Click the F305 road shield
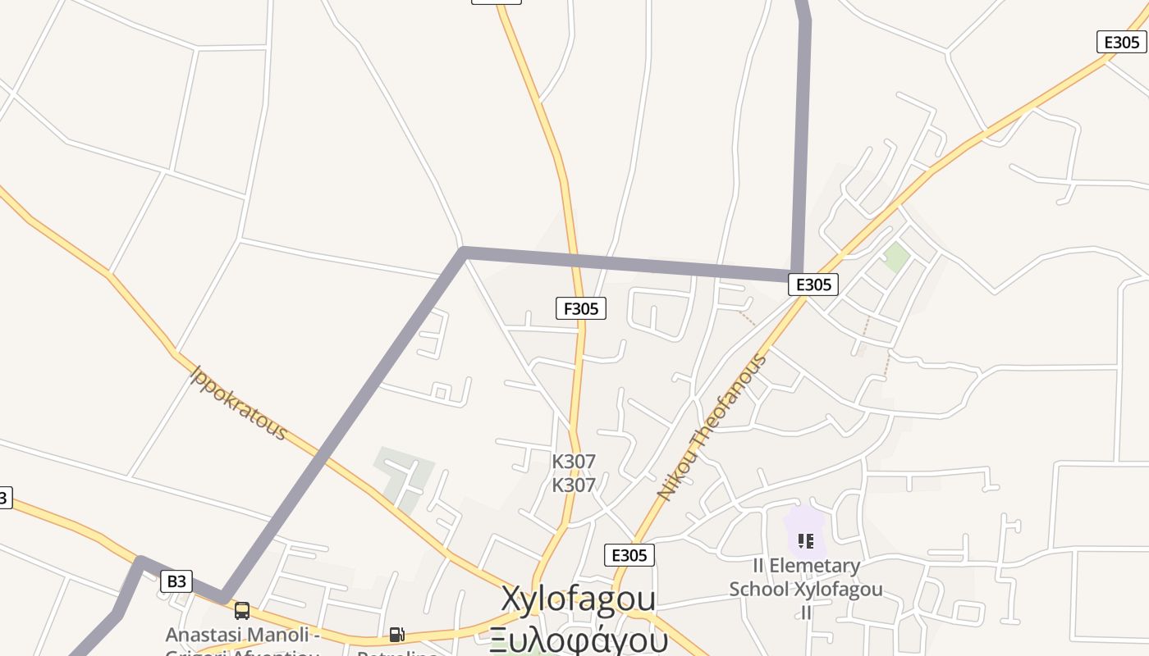(581, 308)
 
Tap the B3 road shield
(176, 581)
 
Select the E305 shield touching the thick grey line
(813, 285)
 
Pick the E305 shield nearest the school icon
(630, 555)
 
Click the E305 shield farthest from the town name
(1121, 42)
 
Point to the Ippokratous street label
(238, 403)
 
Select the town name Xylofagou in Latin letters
(579, 599)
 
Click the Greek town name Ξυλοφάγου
(579, 639)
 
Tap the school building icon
(805, 540)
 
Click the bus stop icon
(242, 611)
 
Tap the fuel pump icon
(396, 634)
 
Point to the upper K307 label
(574, 462)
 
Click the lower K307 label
(574, 485)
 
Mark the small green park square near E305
(895, 257)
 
